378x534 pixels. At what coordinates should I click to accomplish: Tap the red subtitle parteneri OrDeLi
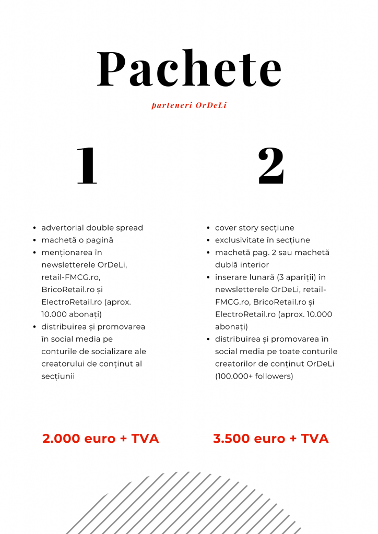point(189,105)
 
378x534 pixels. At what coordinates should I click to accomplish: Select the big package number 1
point(87,166)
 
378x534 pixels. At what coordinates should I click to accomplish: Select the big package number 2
point(271,166)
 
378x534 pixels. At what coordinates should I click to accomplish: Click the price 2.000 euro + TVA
point(101,439)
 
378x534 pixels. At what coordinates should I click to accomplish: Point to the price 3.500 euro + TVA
point(271,439)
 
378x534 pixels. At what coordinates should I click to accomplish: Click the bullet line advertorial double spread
point(92,228)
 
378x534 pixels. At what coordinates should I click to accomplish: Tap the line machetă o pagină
point(77,240)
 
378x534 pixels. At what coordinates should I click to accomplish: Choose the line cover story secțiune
point(255,228)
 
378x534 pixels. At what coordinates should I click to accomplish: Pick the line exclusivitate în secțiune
point(263,240)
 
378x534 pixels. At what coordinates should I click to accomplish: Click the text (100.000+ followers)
point(254,376)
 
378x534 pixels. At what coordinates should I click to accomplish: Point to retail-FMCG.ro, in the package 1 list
point(71,277)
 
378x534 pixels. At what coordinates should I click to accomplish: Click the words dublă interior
point(242,265)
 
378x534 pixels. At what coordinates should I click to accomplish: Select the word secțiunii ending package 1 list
point(58,376)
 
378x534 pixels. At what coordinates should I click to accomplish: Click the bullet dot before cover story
point(208,228)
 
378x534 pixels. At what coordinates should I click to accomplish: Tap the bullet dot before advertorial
point(34,228)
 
